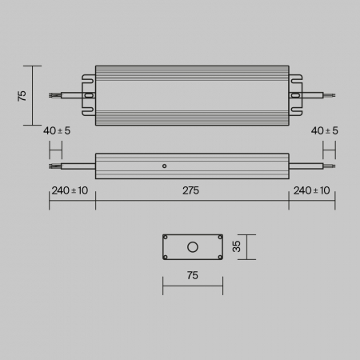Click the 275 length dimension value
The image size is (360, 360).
click(190, 190)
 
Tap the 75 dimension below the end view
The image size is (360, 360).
click(191, 275)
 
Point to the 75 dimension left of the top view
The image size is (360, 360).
click(23, 95)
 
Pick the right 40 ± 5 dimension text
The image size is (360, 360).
click(324, 130)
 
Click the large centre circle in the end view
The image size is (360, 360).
click(192, 246)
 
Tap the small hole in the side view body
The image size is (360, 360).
click(164, 166)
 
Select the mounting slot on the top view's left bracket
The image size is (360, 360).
click(89, 95)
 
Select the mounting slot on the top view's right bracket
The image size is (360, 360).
click(295, 95)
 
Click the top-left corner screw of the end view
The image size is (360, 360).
click(166, 238)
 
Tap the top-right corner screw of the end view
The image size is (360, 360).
click(218, 238)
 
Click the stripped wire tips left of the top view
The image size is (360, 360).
click(54, 95)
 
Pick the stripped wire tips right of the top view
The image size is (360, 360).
click(330, 95)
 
